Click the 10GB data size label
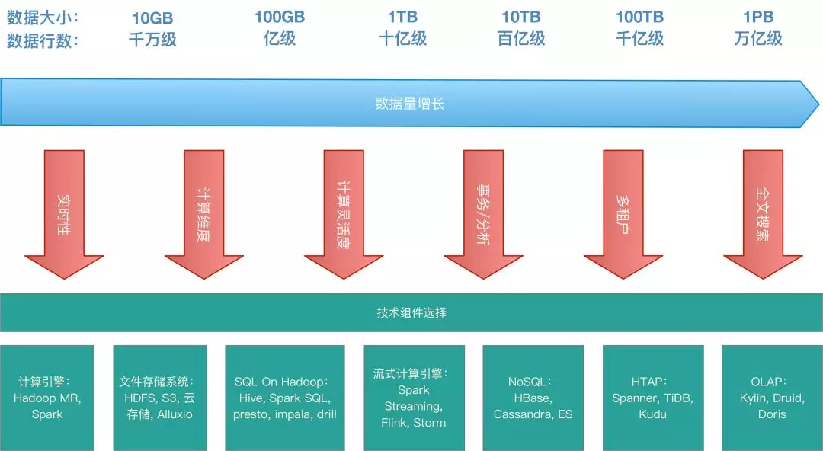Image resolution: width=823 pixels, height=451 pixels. click(x=152, y=17)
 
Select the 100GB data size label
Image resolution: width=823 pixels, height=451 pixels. click(x=280, y=17)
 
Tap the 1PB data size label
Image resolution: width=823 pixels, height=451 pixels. click(x=758, y=17)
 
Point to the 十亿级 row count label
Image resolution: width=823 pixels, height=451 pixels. click(x=403, y=39)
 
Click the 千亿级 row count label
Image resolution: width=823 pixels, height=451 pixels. click(x=640, y=39)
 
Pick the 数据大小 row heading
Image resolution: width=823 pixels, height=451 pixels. click(x=43, y=17)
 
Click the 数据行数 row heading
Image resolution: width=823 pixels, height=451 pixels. click(x=43, y=40)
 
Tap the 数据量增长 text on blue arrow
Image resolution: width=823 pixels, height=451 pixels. click(x=409, y=104)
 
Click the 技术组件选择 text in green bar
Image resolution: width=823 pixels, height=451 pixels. click(x=411, y=312)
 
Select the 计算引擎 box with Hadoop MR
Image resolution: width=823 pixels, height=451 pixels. click(x=47, y=397)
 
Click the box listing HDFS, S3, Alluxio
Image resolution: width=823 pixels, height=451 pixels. click(x=160, y=397)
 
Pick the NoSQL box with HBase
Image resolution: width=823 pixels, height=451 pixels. click(x=533, y=397)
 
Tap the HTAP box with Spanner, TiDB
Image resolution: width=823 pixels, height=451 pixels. click(x=653, y=397)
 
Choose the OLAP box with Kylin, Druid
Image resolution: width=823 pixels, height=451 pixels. click(x=772, y=397)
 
